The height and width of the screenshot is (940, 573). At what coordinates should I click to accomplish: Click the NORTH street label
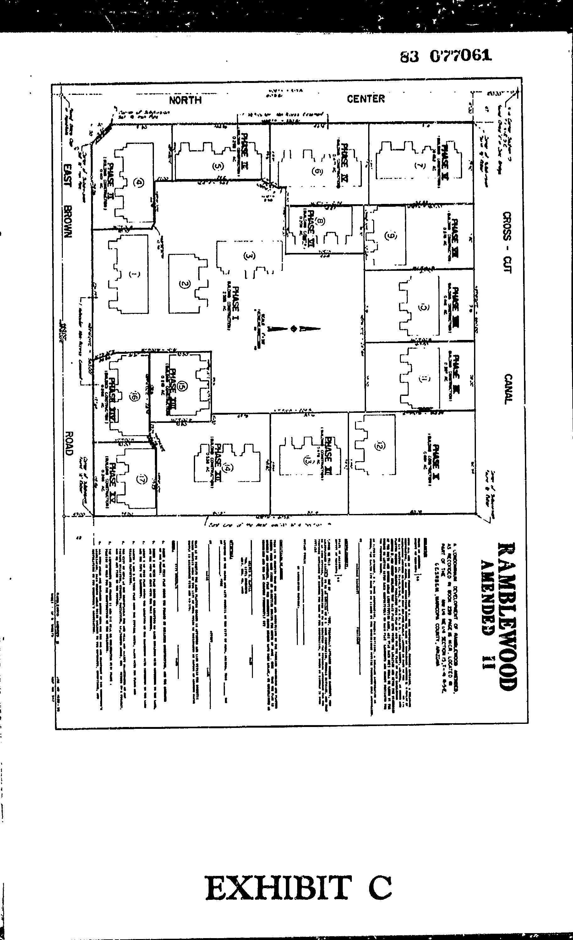(x=185, y=100)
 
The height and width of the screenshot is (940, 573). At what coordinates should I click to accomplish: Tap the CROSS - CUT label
(x=507, y=242)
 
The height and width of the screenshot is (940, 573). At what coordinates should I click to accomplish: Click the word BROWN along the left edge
(x=68, y=222)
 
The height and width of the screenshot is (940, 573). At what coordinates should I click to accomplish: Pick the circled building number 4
(x=140, y=183)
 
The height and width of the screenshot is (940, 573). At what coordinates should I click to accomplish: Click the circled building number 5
(x=217, y=166)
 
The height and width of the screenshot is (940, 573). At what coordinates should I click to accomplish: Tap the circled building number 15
(x=183, y=386)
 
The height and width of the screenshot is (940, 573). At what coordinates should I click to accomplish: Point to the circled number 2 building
(x=184, y=283)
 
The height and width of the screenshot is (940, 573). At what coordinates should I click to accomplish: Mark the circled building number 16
(x=134, y=397)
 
